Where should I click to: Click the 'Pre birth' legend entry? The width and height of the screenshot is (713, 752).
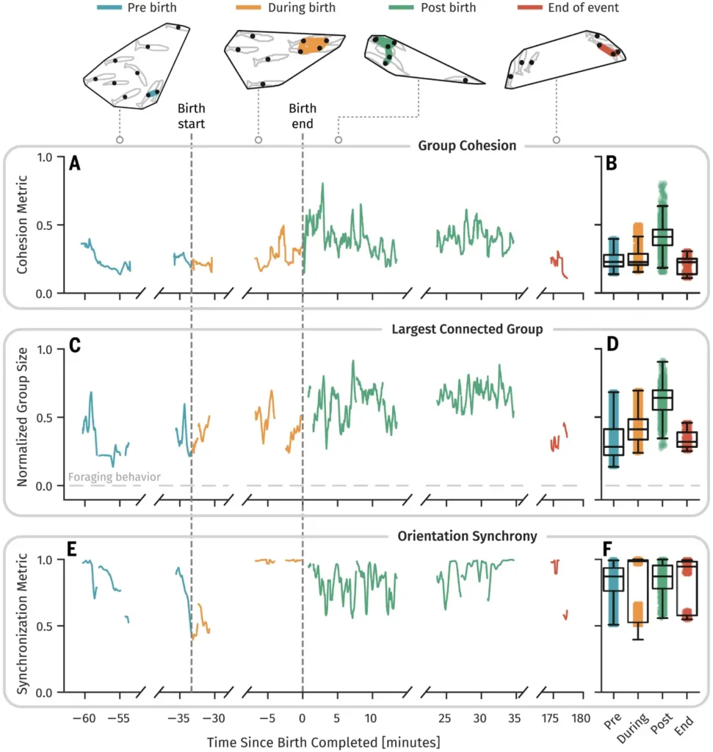pos(140,9)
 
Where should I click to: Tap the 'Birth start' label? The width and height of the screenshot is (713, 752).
pos(192,117)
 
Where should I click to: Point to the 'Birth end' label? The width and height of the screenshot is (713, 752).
pos(301,117)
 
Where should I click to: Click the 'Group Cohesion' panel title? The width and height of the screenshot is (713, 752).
pos(467,145)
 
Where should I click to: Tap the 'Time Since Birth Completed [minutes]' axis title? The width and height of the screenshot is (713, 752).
pos(323,741)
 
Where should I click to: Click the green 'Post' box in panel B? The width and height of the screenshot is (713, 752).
pos(663,237)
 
